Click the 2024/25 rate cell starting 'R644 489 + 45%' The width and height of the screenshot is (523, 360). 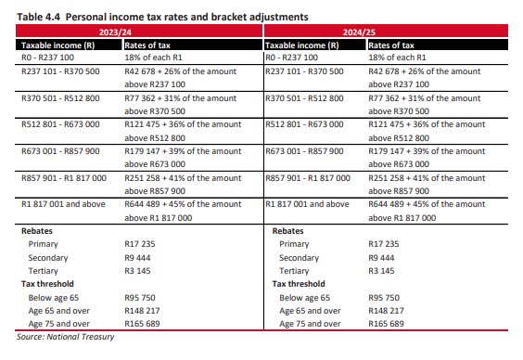pyautogui.click(x=426, y=210)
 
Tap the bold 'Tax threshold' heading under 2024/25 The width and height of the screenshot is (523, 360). pyautogui.click(x=298, y=284)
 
